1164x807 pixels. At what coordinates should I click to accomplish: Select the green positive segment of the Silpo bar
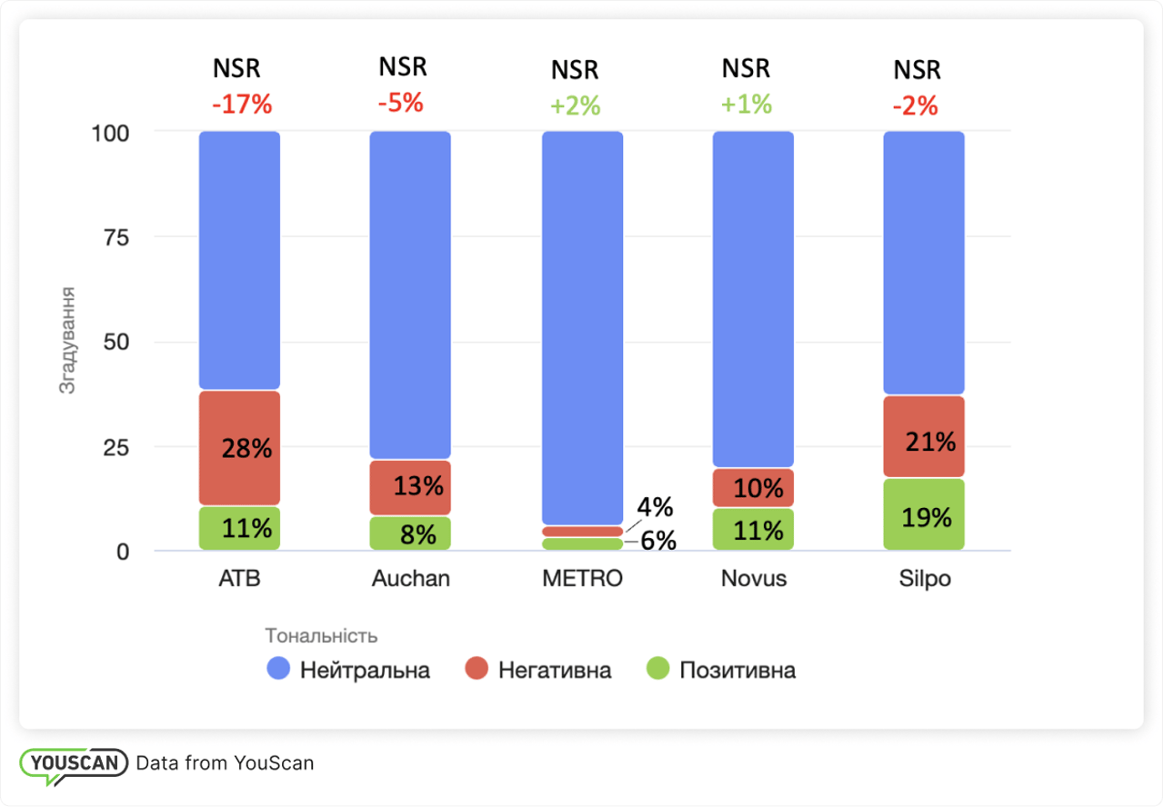[x=923, y=514]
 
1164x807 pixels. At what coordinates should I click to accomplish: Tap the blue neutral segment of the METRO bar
[x=582, y=327]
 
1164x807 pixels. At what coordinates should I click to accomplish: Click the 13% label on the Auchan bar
[x=418, y=485]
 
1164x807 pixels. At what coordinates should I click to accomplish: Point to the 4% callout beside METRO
[x=654, y=506]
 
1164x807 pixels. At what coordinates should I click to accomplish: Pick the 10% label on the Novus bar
[x=758, y=488]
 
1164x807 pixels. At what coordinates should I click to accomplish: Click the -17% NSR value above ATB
[x=242, y=105]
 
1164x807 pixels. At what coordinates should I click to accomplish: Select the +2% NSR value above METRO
[x=575, y=106]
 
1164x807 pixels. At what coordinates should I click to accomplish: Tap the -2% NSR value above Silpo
[x=914, y=106]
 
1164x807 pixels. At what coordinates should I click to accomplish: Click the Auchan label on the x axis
[x=410, y=579]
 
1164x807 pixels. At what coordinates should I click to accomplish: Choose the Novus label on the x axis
[x=753, y=579]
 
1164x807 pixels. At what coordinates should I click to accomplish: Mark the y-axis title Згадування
[x=66, y=341]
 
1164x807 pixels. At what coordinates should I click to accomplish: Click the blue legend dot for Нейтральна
[x=278, y=671]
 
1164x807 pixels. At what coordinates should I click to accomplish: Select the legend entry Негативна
[x=554, y=671]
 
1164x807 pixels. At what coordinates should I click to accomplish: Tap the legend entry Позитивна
[x=737, y=671]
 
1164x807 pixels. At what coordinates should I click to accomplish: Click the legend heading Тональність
[x=321, y=635]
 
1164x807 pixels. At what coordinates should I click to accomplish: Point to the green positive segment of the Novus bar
[x=753, y=529]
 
